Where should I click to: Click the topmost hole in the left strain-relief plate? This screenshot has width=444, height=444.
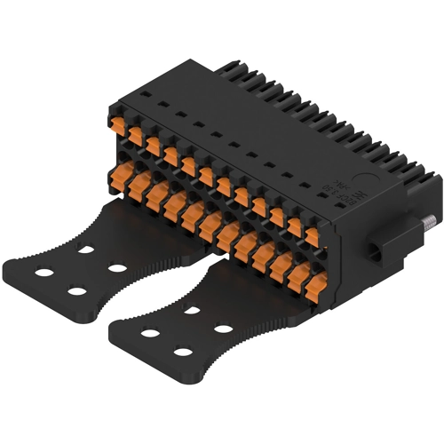click(x=85, y=251)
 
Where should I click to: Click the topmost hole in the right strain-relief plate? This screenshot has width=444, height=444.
click(x=191, y=311)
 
